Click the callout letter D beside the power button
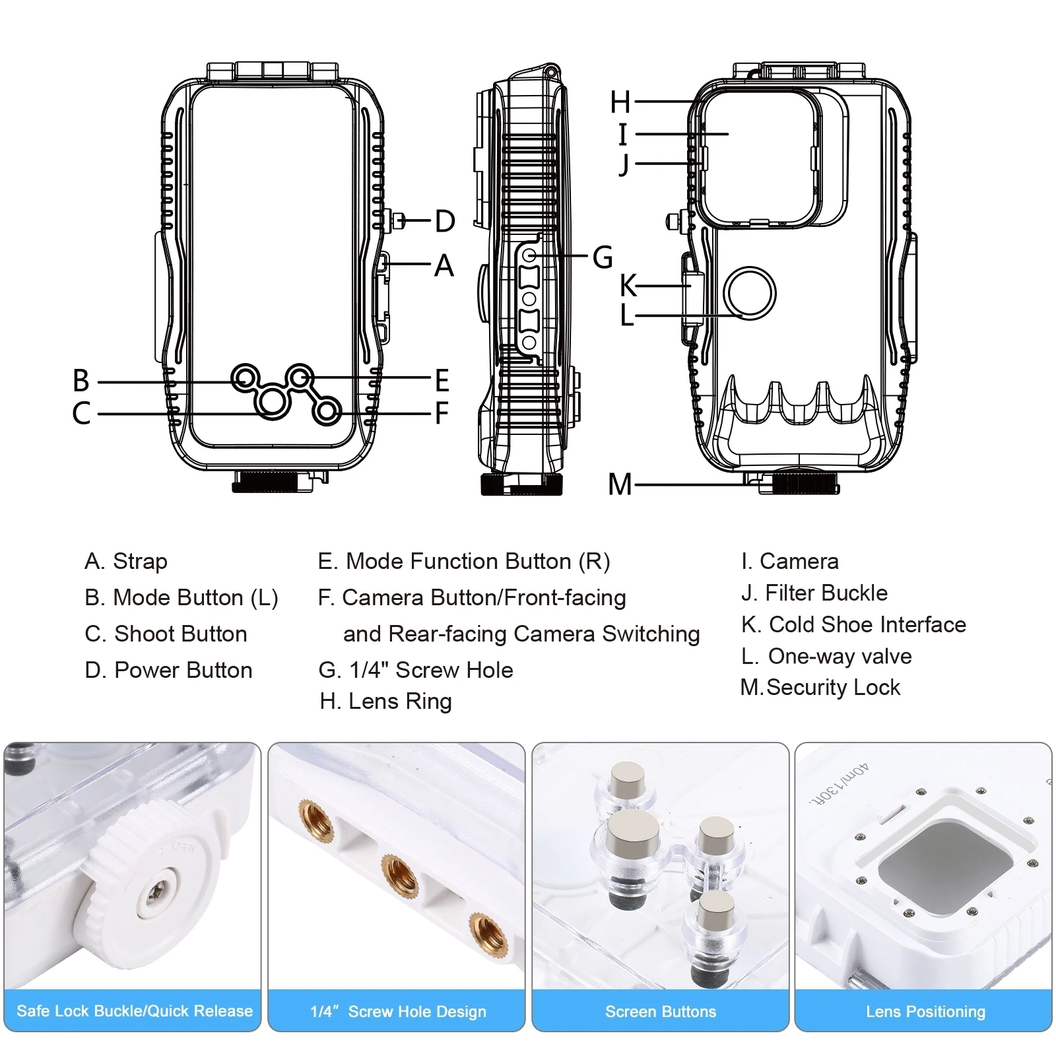coord(445,221)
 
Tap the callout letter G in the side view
coord(602,257)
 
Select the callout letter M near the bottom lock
coord(620,485)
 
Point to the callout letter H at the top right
coord(620,102)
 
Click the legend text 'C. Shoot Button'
coord(166,634)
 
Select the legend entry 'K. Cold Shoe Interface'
coord(853,624)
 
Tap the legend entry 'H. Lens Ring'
coord(385,702)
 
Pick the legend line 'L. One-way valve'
coord(826,656)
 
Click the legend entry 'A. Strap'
coord(126,561)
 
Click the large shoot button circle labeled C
coord(272,401)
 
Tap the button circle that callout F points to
coord(326,411)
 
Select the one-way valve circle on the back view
coord(749,293)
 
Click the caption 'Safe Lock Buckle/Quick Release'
coord(135,1011)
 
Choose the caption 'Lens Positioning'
coord(925,1012)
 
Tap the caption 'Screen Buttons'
coord(661,1012)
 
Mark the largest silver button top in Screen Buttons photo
coord(634,832)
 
